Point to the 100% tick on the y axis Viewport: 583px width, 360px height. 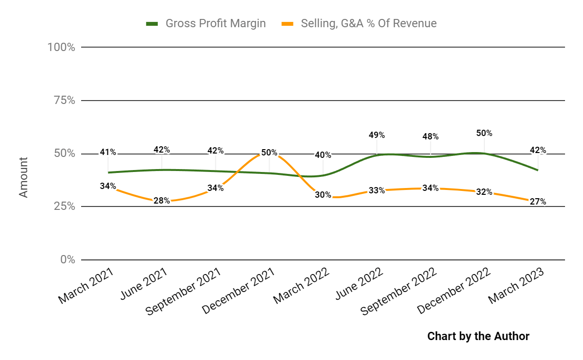pyautogui.click(x=61, y=47)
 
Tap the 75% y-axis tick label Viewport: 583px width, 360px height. pyautogui.click(x=64, y=101)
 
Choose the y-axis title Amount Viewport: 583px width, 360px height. pyautogui.click(x=24, y=177)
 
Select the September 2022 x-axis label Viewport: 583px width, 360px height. pyautogui.click(x=397, y=292)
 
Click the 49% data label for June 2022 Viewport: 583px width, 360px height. pyautogui.click(x=377, y=135)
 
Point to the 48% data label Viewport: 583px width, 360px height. pyautogui.click(x=430, y=137)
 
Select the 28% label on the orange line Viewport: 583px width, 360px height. pyautogui.click(x=162, y=201)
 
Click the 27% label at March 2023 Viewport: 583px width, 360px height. pyautogui.click(x=538, y=202)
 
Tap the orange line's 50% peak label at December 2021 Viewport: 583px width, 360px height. pyautogui.click(x=269, y=153)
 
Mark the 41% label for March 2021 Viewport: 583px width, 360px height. pyautogui.click(x=108, y=152)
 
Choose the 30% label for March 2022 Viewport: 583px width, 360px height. pyautogui.click(x=323, y=195)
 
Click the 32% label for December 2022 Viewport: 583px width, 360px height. pyautogui.click(x=484, y=192)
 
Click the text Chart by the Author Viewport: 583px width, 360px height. pyautogui.click(x=478, y=336)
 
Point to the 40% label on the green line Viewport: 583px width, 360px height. pyautogui.click(x=323, y=155)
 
